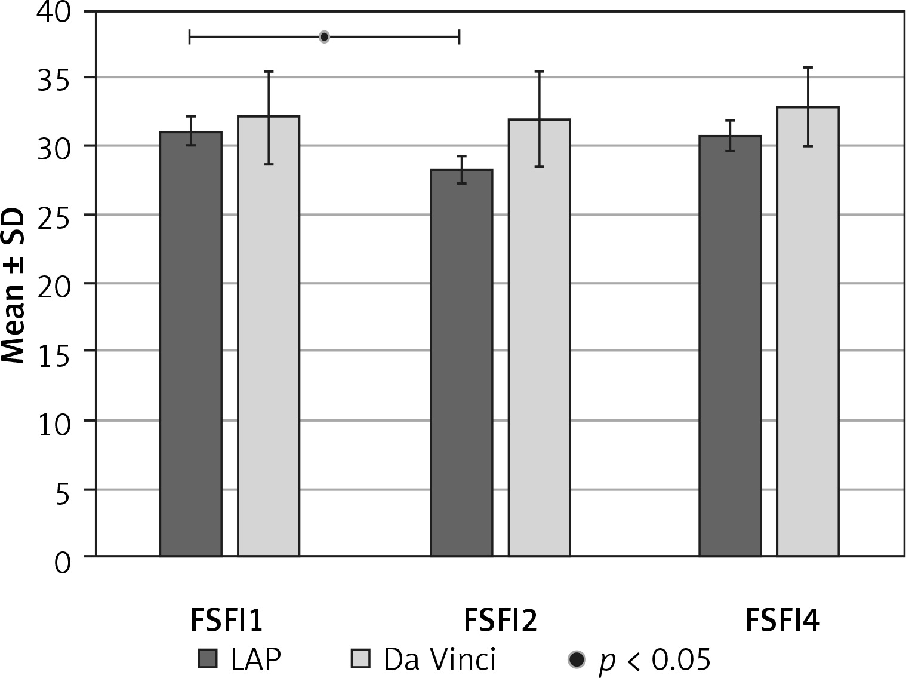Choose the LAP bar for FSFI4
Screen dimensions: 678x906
pos(730,346)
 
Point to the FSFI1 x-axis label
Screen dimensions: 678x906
pos(227,621)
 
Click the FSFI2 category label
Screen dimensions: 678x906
pos(500,621)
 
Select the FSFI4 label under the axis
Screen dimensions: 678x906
pos(782,621)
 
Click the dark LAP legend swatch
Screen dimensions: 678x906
pos(208,659)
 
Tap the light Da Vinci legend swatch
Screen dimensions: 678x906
pos(360,659)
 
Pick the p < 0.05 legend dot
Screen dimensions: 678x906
pos(577,659)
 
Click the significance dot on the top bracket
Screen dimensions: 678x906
pos(324,37)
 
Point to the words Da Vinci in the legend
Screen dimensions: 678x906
pos(439,659)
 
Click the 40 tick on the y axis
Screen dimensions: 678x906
pos(53,12)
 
